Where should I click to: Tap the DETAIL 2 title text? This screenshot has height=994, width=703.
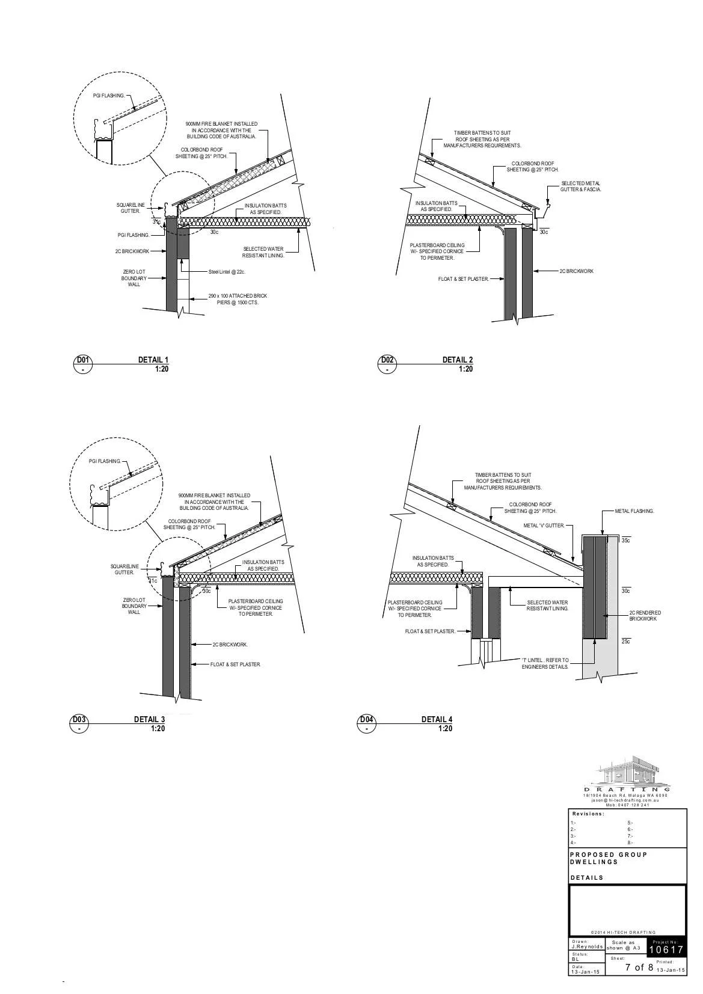point(457,360)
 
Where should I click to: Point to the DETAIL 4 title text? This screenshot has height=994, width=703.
point(437,719)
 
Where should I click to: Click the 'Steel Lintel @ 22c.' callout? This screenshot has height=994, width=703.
point(227,272)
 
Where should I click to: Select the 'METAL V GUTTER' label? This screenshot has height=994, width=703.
point(544,526)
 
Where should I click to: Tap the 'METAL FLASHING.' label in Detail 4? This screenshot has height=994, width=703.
point(634,511)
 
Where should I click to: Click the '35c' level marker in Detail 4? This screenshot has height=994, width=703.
point(625,541)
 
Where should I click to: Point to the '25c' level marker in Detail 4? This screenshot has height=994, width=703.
point(625,642)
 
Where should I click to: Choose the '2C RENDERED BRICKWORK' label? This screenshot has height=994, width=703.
point(645,616)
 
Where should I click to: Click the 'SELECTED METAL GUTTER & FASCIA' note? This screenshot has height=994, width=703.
point(580,186)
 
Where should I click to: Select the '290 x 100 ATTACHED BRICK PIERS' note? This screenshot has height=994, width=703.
point(238,299)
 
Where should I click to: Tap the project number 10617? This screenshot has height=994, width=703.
point(666,950)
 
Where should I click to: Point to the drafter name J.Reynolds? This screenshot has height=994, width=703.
point(586,946)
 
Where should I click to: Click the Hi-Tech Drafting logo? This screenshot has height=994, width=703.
point(627,772)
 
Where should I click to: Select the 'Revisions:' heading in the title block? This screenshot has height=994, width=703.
point(588,814)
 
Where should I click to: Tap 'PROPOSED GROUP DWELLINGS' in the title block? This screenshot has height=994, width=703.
point(608,858)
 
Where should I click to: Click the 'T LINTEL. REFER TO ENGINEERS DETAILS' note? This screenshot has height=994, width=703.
point(545,663)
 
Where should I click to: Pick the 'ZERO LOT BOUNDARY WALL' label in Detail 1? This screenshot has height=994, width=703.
point(134,278)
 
